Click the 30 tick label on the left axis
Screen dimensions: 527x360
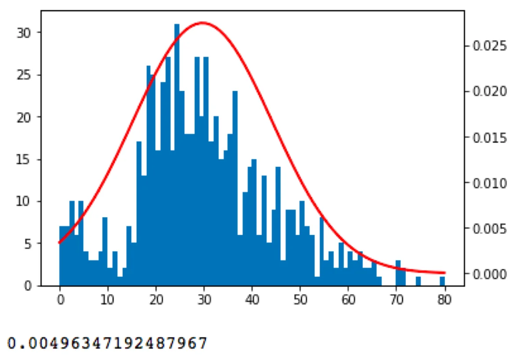pos(24,33)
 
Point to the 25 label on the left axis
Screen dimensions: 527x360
pos(24,75)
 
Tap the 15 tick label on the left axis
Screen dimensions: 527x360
pos(23,159)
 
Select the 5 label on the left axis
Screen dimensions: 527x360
pos(28,244)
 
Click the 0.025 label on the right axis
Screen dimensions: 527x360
pos(490,46)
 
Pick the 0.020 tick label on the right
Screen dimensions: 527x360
pos(490,91)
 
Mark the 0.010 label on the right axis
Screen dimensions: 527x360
pos(490,183)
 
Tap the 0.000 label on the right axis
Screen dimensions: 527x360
pos(490,274)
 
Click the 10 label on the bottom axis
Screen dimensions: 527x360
pos(108,300)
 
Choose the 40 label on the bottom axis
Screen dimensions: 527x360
pos(252,300)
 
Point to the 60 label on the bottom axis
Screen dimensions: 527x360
pos(348,300)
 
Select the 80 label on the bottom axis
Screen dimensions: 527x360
pos(444,300)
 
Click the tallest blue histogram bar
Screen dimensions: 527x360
pos(177,155)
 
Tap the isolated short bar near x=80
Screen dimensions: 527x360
pos(442,281)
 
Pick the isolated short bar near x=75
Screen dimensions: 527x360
pos(418,281)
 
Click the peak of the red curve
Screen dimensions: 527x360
pos(202,23)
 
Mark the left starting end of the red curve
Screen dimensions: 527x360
pos(59,243)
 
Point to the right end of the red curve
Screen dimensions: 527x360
pos(445,273)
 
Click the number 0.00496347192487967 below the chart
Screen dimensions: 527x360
pos(107,343)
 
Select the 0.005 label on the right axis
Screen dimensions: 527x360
pos(490,229)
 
